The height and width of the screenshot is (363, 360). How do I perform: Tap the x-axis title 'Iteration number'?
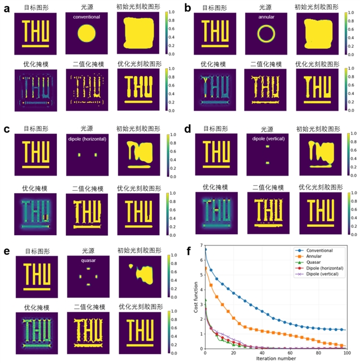coord(276,358)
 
